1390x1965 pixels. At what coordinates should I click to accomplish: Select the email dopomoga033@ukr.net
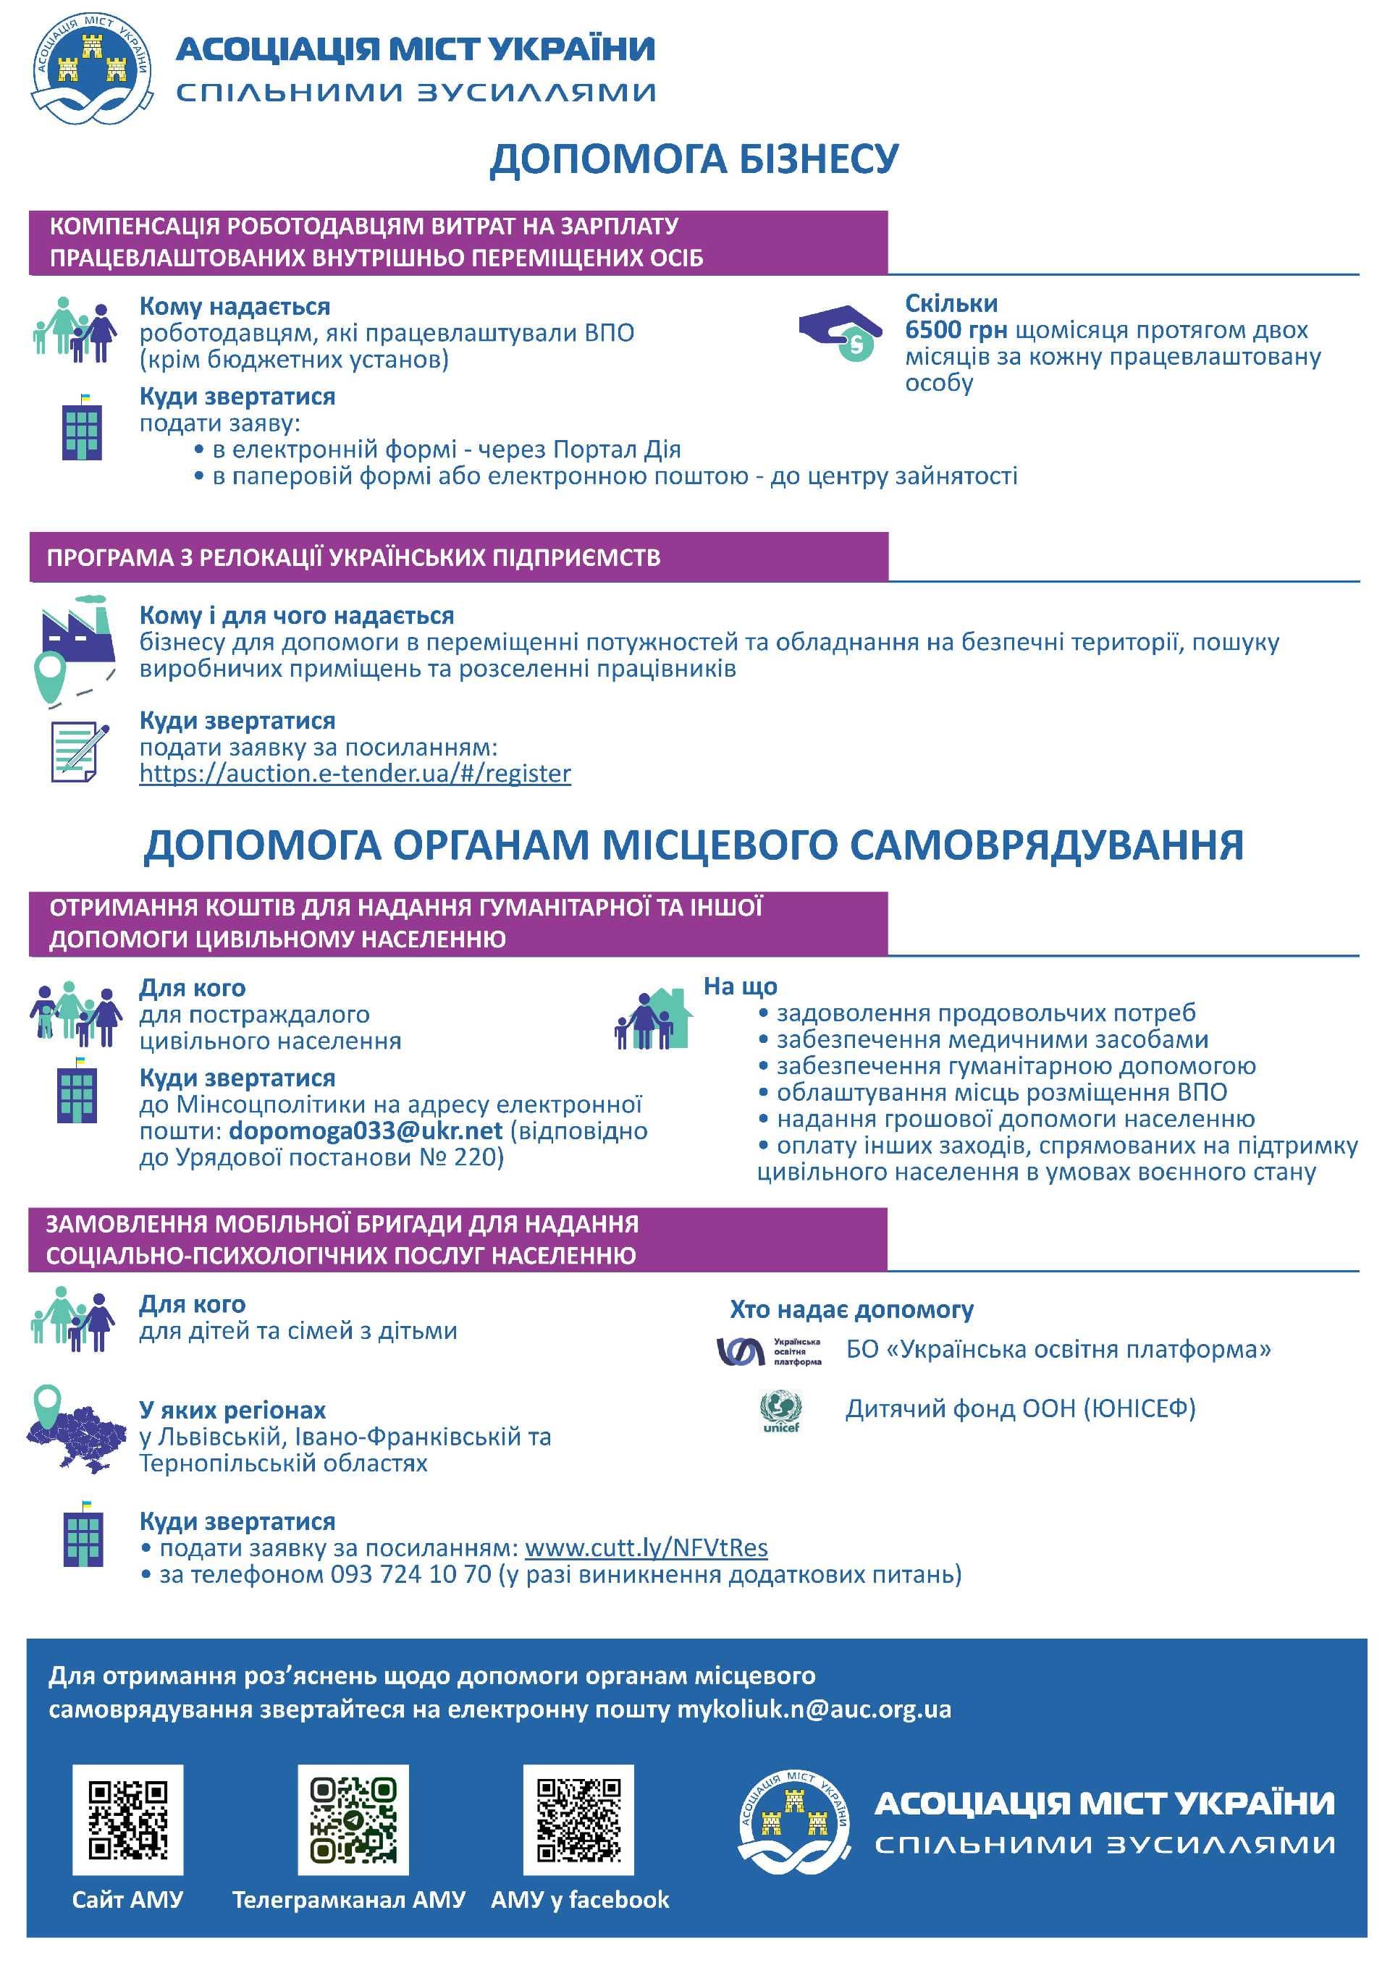pos(366,1131)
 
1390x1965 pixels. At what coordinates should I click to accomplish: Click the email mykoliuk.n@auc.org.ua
pos(813,1709)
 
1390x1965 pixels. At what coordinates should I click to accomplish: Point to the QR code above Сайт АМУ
pos(127,1820)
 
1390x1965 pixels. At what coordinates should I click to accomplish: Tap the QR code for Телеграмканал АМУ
pos(353,1820)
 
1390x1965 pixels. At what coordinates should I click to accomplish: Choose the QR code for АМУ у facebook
pos(578,1820)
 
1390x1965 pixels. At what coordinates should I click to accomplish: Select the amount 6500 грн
pos(955,330)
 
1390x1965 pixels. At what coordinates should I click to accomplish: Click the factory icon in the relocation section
pos(76,630)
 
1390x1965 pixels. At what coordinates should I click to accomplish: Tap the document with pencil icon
pos(80,751)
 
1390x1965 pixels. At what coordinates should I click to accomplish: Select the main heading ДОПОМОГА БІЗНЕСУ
pos(694,159)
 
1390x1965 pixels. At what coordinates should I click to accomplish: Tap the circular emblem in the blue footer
pos(794,1822)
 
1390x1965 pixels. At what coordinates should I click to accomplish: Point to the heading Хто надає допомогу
pos(851,1310)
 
